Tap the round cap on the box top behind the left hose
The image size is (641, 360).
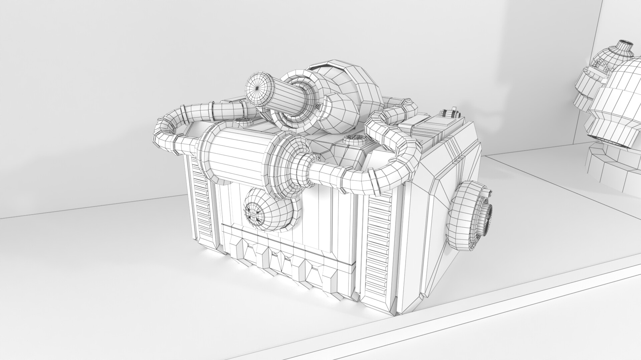241,121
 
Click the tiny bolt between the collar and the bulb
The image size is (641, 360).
317,106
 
